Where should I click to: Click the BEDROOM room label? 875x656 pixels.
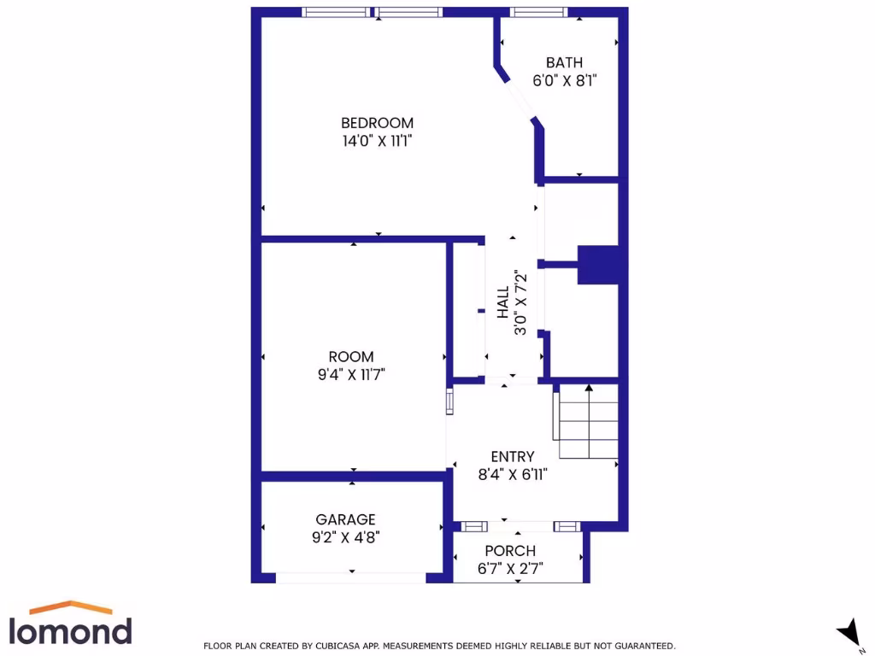(377, 122)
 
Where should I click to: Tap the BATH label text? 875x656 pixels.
(564, 62)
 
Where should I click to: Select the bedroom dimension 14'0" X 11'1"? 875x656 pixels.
(377, 140)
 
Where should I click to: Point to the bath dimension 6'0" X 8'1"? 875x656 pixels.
(564, 81)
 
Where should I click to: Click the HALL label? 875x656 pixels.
(503, 302)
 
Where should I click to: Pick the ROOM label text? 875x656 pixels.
(351, 356)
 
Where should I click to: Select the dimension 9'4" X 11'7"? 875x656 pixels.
(351, 374)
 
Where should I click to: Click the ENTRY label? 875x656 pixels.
(512, 456)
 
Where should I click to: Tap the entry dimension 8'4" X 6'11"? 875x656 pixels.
(512, 475)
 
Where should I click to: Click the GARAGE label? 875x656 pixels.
(345, 519)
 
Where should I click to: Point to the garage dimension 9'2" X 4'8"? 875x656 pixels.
(345, 538)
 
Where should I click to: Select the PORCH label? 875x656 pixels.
(510, 551)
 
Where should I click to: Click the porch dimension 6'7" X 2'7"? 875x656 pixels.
(510, 569)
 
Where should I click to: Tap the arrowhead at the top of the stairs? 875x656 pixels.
(589, 389)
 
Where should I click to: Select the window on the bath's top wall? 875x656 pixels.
(538, 12)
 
